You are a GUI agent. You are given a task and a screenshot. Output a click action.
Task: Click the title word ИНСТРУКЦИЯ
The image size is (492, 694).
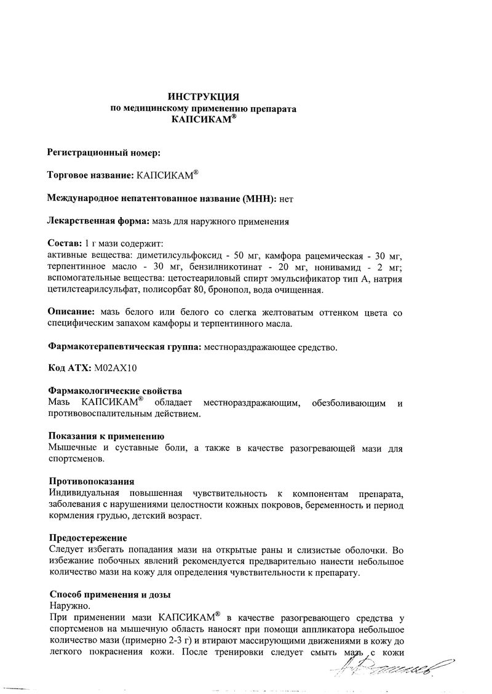[204, 97]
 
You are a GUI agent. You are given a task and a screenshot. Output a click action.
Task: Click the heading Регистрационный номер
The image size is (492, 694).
[103, 152]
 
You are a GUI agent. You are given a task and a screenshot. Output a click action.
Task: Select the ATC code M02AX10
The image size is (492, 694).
[116, 369]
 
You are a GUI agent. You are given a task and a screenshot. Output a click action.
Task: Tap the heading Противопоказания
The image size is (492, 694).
[90, 481]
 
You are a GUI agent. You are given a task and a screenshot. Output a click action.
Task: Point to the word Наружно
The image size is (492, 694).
[66, 606]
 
